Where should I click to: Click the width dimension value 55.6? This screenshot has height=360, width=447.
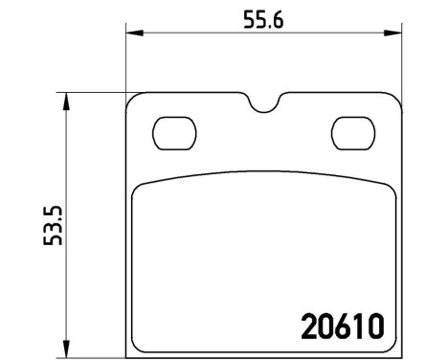tap(261, 19)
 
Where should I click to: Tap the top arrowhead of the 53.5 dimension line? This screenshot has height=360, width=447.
tap(65, 99)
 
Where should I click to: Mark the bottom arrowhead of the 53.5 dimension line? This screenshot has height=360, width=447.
tap(65, 344)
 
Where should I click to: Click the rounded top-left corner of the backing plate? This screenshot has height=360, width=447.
tap(134, 99)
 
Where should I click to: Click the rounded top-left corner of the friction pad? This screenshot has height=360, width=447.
tap(139, 188)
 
